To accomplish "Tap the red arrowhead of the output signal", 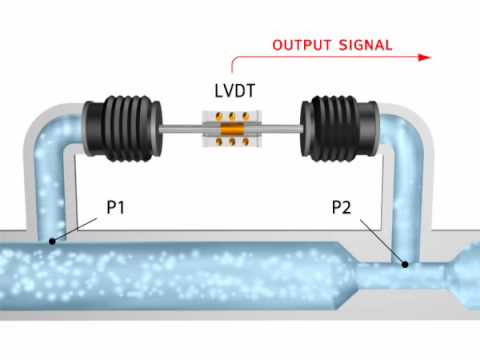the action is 426,58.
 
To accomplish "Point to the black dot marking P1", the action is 52,241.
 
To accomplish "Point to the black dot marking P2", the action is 404,265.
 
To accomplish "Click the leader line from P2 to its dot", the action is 380,240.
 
